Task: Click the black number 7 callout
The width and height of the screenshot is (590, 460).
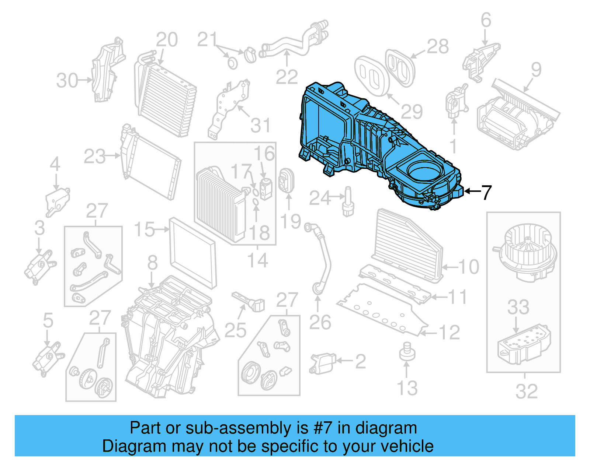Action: [487, 192]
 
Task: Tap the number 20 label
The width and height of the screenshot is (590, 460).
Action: [167, 40]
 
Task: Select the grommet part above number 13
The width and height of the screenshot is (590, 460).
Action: [406, 352]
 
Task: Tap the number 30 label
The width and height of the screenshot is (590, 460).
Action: [67, 81]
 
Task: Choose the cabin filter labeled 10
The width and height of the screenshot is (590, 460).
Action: [407, 245]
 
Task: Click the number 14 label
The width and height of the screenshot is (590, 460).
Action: [257, 260]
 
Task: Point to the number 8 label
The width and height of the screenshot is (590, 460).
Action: [152, 263]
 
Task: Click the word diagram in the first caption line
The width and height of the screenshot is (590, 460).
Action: [394, 428]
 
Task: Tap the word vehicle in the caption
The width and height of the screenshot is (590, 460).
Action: [407, 446]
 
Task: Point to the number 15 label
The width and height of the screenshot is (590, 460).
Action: [144, 229]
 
